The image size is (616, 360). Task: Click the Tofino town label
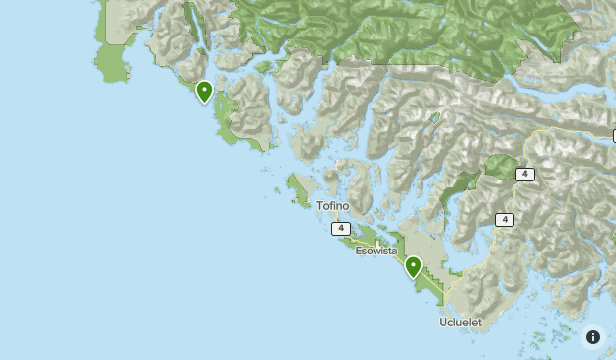pyautogui.click(x=332, y=206)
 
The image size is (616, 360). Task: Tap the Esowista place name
pyautogui.click(x=376, y=251)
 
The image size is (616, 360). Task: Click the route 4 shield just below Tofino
pyautogui.click(x=341, y=228)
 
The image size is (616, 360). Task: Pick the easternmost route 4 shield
pyautogui.click(x=525, y=174)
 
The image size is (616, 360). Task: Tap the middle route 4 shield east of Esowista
pyautogui.click(x=505, y=220)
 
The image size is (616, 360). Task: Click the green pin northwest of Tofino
pyautogui.click(x=204, y=92)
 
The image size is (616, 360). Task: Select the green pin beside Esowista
pyautogui.click(x=414, y=266)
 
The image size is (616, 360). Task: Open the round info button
pyautogui.click(x=593, y=337)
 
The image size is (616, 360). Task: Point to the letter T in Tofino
pyautogui.click(x=319, y=206)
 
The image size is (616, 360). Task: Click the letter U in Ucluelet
pyautogui.click(x=444, y=323)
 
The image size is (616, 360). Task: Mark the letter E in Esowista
pyautogui.click(x=360, y=251)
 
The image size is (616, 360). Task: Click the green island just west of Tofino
pyautogui.click(x=297, y=185)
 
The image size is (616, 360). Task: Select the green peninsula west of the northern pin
pyautogui.click(x=111, y=59)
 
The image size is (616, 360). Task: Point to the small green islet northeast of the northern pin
pyautogui.click(x=263, y=68)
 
